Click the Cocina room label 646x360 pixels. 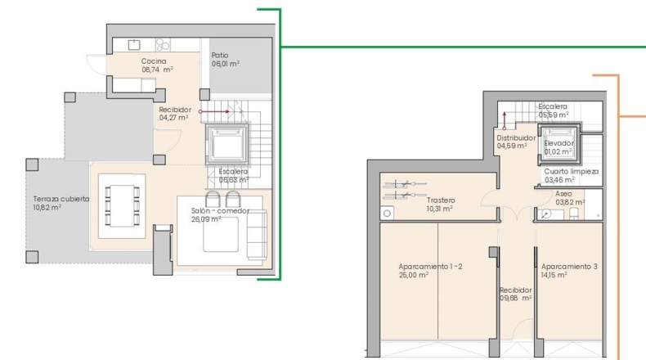[154, 61]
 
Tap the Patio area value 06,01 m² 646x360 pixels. [226, 64]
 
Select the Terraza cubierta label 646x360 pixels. [61, 199]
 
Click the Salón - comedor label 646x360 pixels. [220, 211]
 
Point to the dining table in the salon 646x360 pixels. [122, 205]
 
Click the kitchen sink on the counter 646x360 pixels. [134, 44]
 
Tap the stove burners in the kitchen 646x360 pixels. [163, 44]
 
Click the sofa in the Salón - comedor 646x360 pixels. [257, 234]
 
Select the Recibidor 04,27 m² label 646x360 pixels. [175, 114]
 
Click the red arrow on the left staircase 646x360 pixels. [214, 111]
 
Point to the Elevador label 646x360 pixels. [559, 143]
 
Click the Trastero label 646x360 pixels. [441, 200]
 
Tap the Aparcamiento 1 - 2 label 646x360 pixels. [430, 267]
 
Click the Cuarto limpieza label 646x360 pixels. [571, 172]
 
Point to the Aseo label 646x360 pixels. [563, 194]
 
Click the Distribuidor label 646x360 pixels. [516, 137]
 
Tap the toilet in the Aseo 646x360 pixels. [574, 214]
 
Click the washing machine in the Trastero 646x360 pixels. [387, 214]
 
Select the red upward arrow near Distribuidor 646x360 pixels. [505, 121]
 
